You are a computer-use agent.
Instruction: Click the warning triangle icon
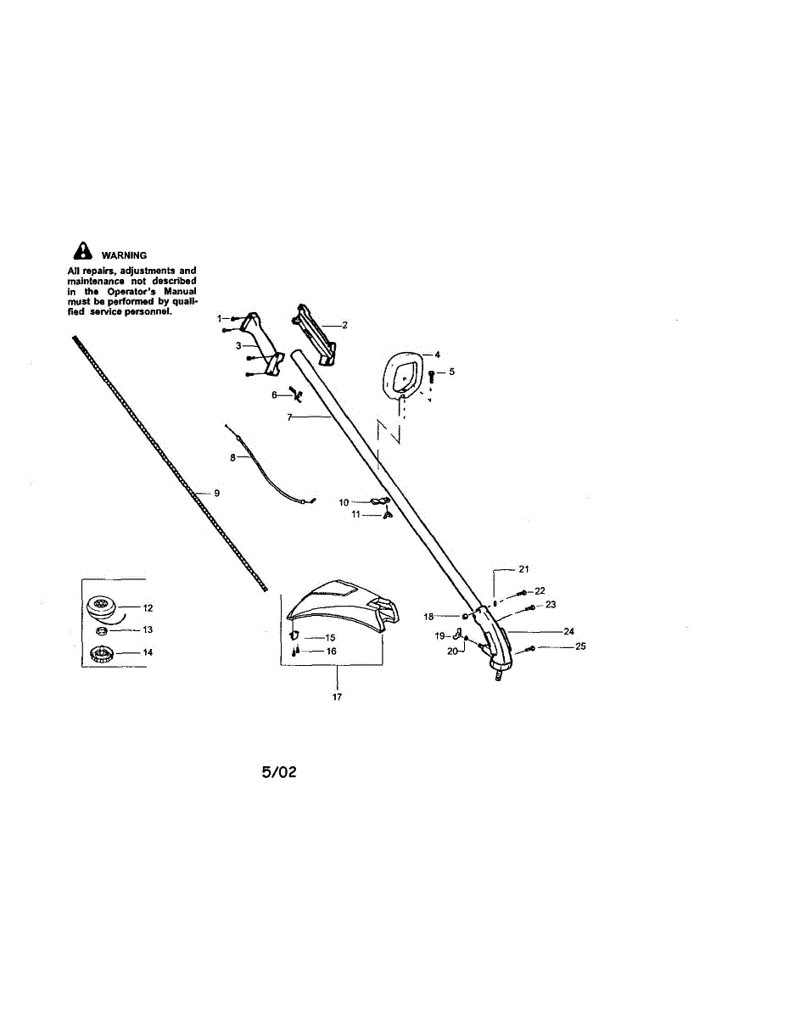[x=82, y=252]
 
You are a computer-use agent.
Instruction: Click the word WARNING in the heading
[x=124, y=255]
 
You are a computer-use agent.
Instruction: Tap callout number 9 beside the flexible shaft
[x=216, y=493]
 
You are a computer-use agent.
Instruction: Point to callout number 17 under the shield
[x=337, y=697]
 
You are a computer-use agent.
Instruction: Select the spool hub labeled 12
[x=105, y=607]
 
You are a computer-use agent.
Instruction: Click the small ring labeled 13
[x=101, y=631]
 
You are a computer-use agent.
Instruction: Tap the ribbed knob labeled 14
[x=104, y=654]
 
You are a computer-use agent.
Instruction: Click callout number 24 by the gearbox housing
[x=568, y=631]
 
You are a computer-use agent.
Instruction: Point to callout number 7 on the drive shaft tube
[x=290, y=417]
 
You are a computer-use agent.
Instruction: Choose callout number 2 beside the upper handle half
[x=344, y=325]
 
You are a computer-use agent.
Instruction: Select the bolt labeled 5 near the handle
[x=433, y=373]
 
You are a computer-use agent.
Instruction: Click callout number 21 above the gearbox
[x=523, y=568]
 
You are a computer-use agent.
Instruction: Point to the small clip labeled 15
[x=294, y=635]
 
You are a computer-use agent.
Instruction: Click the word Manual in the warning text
[x=179, y=291]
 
